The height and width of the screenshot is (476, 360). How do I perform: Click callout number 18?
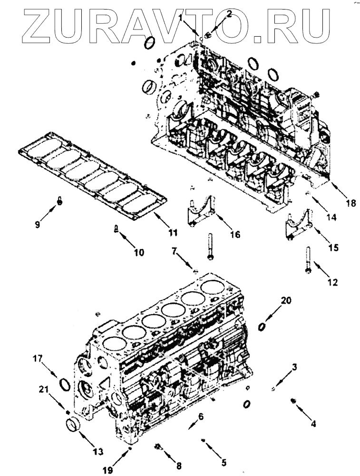tap(351, 203)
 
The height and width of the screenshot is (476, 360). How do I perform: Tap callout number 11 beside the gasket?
tap(173, 233)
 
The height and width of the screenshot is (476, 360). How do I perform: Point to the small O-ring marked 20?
tap(262, 326)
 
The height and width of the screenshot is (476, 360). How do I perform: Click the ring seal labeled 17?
tap(64, 383)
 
